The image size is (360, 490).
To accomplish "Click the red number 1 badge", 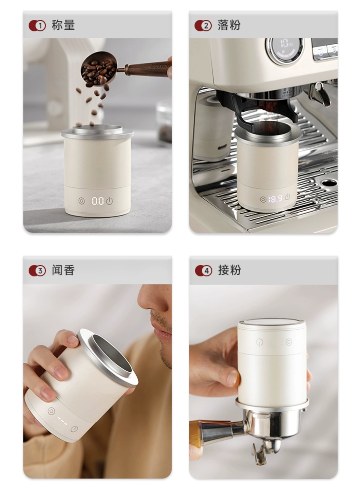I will point(37,25).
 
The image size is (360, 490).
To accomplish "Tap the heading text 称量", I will point(63,25).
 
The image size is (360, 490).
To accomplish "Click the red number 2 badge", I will point(203,25).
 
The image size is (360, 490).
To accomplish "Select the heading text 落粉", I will point(229,25).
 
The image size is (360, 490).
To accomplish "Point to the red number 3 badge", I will point(37,271).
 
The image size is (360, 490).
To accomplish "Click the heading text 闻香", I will point(63,270).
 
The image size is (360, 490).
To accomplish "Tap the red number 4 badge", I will point(203,271).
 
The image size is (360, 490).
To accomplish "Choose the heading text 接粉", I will point(229,270).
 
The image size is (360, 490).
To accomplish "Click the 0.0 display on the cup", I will point(98,201).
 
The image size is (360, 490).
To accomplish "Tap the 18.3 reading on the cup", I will point(275,198).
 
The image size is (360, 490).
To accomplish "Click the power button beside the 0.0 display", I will point(110,201).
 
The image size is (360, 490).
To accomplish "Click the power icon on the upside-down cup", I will point(259,342).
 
